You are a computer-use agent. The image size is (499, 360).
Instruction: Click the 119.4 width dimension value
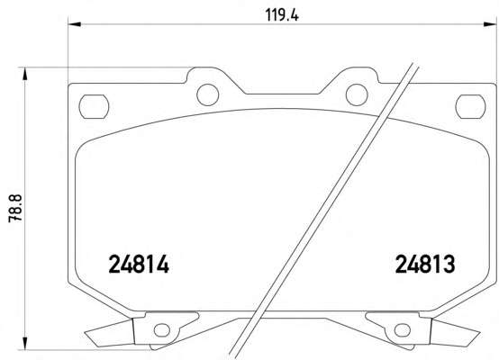tap(282, 15)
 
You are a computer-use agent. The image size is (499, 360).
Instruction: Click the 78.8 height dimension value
tap(15, 208)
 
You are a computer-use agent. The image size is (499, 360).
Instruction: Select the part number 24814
tap(139, 265)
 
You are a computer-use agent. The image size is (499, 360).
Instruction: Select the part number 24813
tap(425, 265)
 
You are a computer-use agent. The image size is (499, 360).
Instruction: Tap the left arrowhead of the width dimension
tap(75, 24)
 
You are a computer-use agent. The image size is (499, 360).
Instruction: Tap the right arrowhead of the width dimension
tap(490, 24)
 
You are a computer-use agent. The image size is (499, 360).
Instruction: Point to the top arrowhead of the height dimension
tap(24, 74)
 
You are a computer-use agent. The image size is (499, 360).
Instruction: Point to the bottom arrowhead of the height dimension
tap(24, 344)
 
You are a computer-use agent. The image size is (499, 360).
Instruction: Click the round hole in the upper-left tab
tap(208, 94)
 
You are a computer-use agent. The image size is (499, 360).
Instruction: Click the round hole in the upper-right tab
tap(357, 94)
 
